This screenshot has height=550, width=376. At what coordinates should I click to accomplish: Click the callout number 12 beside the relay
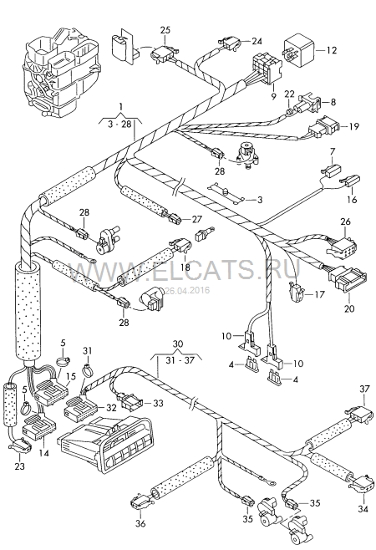pyautogui.click(x=332, y=50)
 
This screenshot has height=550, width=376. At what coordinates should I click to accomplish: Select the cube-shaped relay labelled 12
pyautogui.click(x=298, y=50)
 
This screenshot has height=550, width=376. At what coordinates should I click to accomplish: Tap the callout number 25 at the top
pyautogui.click(x=165, y=30)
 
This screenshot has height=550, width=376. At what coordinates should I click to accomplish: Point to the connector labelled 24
pyautogui.click(x=230, y=43)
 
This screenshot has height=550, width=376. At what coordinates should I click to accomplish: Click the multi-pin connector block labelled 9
pyautogui.click(x=267, y=68)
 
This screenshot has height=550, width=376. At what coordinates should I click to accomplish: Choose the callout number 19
pyautogui.click(x=354, y=126)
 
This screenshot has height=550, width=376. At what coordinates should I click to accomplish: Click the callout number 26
pyautogui.click(x=345, y=222)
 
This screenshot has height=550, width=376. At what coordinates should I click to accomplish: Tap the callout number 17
pyautogui.click(x=319, y=294)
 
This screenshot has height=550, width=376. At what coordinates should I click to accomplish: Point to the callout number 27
pyautogui.click(x=197, y=219)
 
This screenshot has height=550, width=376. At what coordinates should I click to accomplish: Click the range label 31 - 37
pyautogui.click(x=179, y=360)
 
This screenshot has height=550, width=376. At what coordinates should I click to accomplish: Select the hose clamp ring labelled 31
pyautogui.click(x=87, y=369)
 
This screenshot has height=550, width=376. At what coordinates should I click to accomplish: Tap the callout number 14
pyautogui.click(x=43, y=453)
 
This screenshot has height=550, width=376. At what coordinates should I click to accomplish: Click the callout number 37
pyautogui.click(x=365, y=389)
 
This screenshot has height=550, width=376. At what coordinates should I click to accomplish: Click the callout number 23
pyautogui.click(x=20, y=466)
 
